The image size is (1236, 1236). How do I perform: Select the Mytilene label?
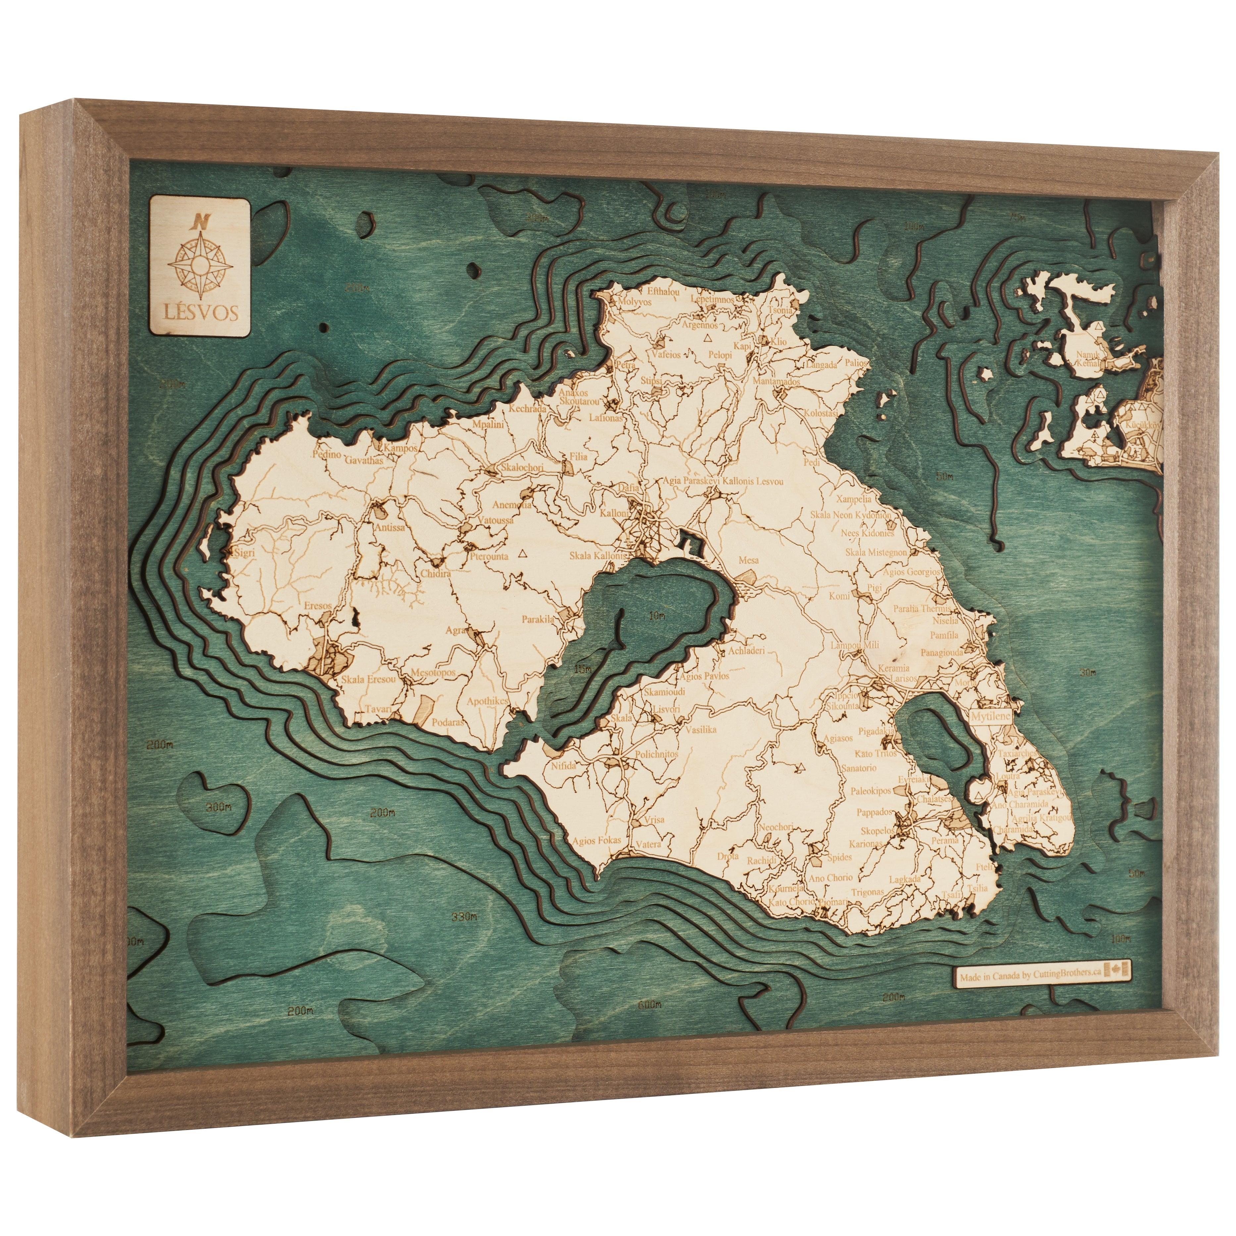coord(990,716)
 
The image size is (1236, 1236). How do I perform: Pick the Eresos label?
coord(318,606)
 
